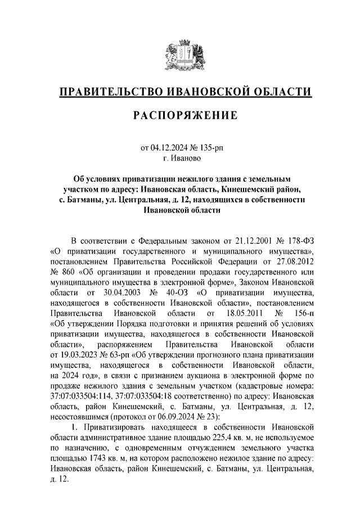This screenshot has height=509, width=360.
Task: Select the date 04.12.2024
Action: pyautogui.click(x=170, y=148)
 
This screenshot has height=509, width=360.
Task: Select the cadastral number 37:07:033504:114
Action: pyautogui.click(x=84, y=393)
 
